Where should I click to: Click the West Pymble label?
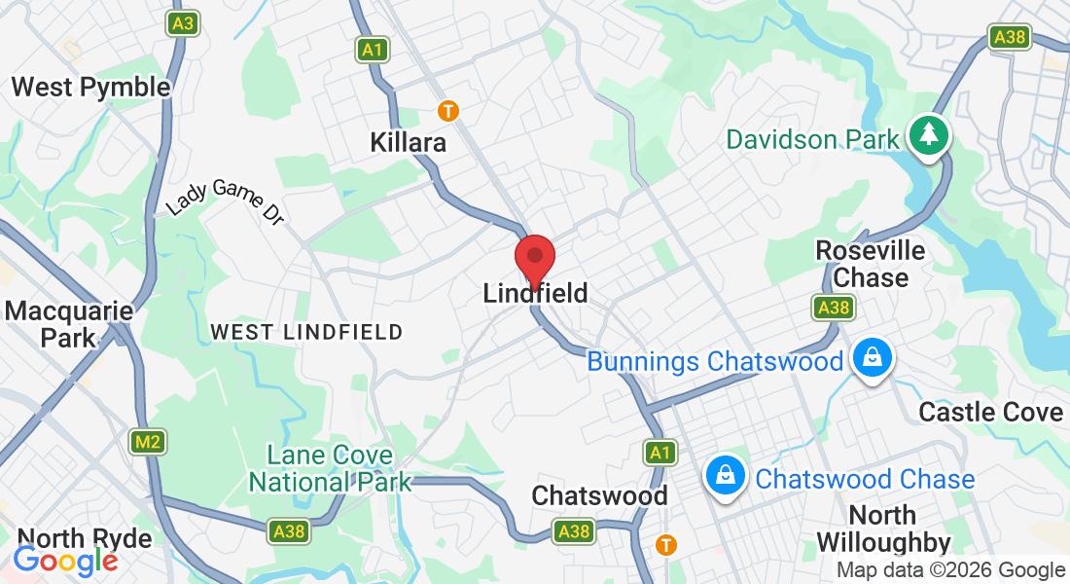90,87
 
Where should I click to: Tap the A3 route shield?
182,23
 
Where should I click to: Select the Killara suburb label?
408,142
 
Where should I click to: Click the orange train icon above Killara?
447,111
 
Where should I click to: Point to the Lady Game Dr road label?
225,201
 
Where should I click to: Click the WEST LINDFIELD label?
306,332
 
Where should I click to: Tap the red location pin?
534,258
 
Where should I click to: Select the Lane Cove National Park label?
331,468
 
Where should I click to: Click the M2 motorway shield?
148,442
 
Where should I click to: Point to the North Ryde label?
85,538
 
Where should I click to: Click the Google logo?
65,561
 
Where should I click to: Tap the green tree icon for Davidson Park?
929,134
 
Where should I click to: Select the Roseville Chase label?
871,264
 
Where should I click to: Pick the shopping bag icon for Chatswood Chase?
726,476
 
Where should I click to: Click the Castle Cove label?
991,412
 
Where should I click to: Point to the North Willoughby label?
883,529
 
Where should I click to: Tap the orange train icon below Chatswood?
665,544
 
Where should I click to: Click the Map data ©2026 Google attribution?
950,570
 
